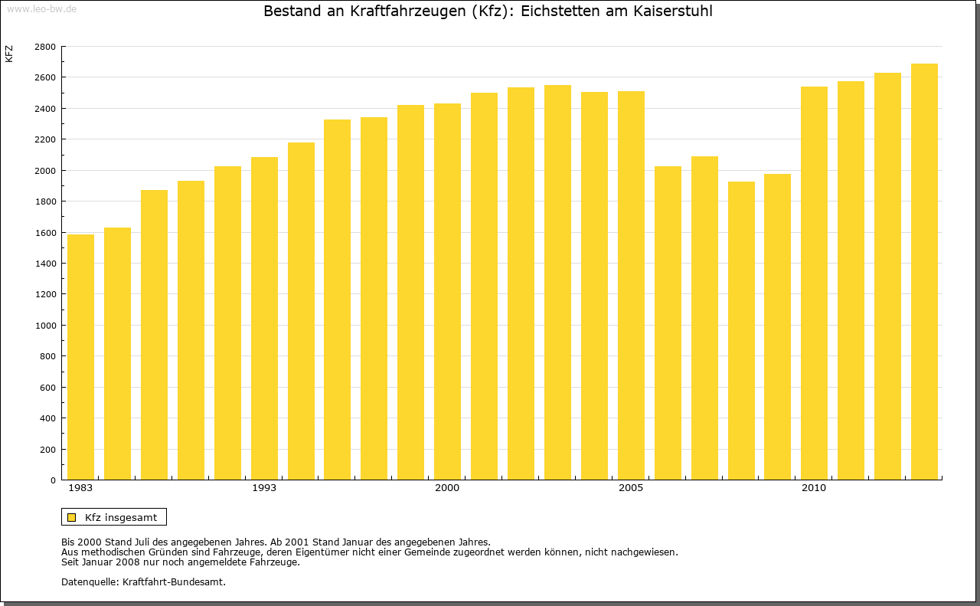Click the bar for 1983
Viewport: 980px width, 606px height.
80,357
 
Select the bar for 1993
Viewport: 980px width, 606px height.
264,319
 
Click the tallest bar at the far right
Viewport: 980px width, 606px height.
924,272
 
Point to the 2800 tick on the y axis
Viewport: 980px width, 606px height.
45,47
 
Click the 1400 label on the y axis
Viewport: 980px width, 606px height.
45,264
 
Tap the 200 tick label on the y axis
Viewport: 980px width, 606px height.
48,450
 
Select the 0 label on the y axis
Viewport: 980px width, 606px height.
53,480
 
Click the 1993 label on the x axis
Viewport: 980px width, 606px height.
264,488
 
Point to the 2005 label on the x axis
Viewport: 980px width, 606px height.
631,488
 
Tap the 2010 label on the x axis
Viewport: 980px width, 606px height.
814,488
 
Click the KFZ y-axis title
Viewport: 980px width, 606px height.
9,54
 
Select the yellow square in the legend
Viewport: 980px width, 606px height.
72,517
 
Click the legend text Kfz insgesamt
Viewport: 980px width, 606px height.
121,517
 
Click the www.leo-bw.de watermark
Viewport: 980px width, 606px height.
41,9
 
